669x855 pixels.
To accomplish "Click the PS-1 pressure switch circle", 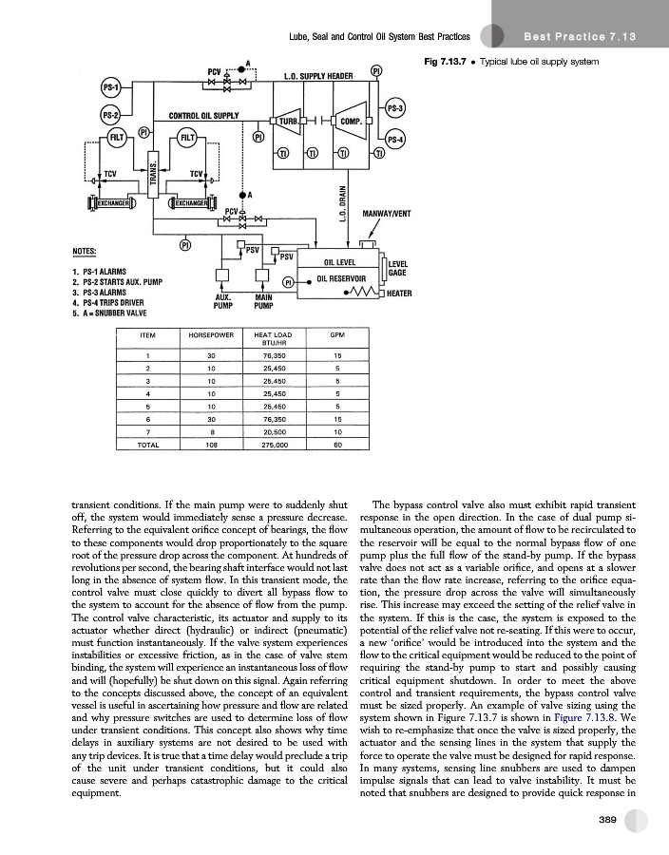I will tap(110, 88).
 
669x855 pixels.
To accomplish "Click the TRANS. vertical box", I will tap(154, 179).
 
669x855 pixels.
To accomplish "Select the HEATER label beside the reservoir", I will tap(399, 294).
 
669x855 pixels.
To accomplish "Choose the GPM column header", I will tap(337, 335).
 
